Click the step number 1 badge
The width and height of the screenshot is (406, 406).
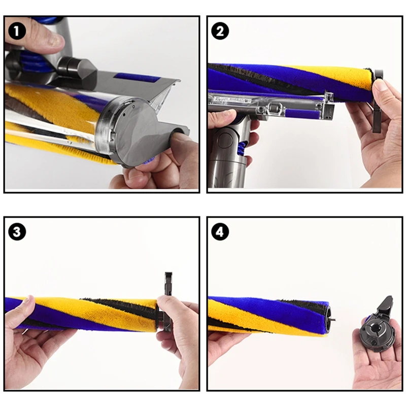point(17,31)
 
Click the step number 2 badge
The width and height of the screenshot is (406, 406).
point(220,31)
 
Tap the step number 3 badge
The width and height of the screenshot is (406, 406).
point(17,231)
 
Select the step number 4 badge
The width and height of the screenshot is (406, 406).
point(220,231)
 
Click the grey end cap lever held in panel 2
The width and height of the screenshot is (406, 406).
point(378,101)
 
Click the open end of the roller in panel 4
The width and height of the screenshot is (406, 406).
point(328,319)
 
